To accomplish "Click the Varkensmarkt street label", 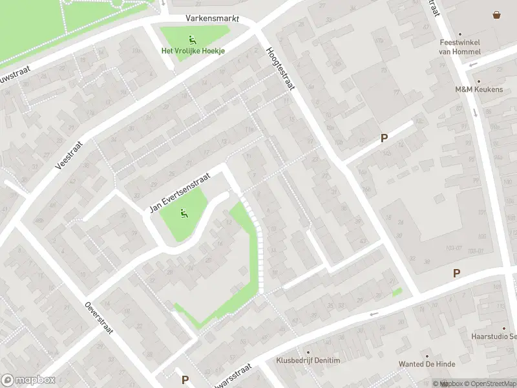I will (x=208, y=19).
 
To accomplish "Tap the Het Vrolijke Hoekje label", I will (x=193, y=51).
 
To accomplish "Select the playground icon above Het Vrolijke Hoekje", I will (x=193, y=39).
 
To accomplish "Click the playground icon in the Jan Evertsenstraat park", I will (x=184, y=212).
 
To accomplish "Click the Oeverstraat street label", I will (x=99, y=318).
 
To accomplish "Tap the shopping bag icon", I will (x=496, y=15).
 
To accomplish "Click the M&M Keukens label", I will (x=478, y=89).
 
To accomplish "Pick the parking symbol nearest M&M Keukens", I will (x=384, y=138).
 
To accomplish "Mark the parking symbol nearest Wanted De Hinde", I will (x=456, y=274).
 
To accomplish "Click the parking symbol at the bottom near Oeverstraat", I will (x=185, y=380).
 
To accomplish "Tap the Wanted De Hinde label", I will (x=427, y=365).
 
